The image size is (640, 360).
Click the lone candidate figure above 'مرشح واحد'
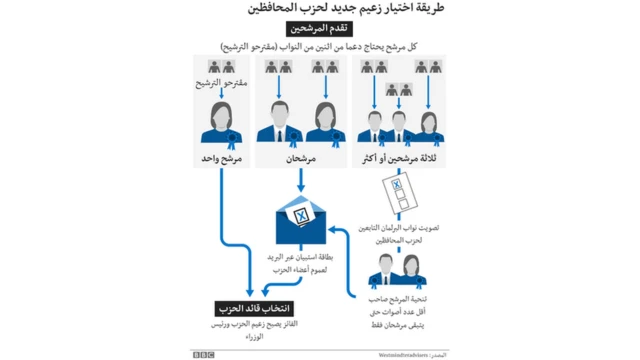point(218,125)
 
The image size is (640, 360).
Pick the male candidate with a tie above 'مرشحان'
point(280,125)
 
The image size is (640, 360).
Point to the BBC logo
point(206,353)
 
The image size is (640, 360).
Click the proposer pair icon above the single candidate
point(218,67)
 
